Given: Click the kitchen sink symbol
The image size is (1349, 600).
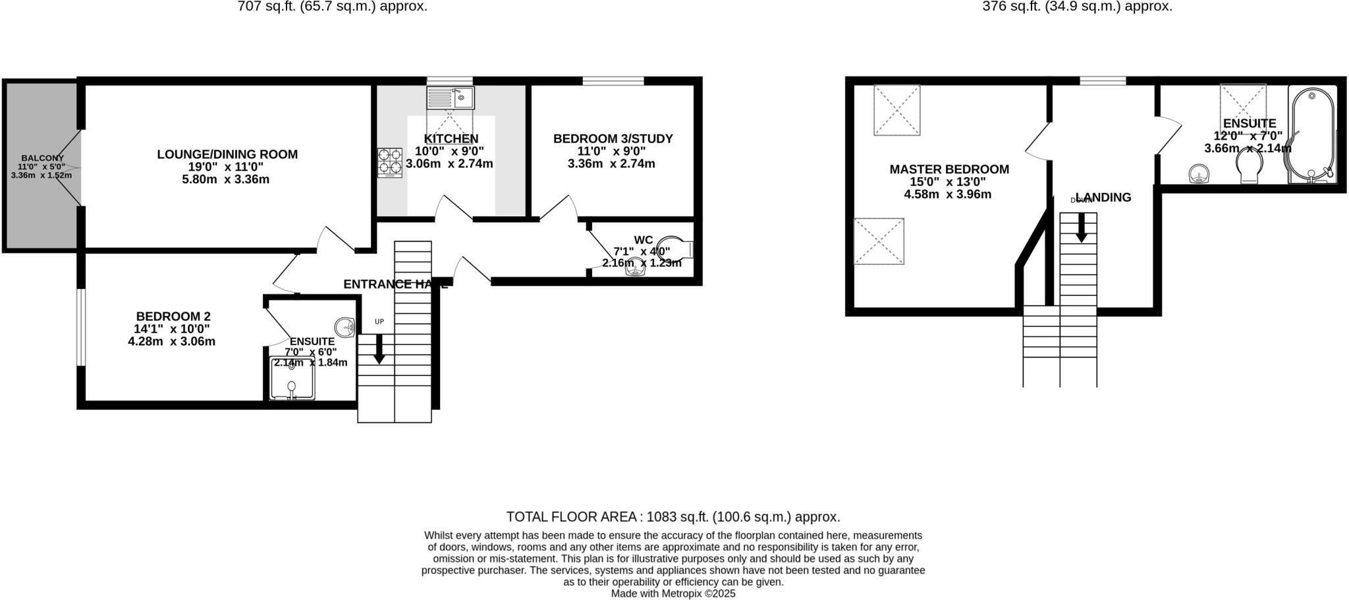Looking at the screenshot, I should (x=451, y=98).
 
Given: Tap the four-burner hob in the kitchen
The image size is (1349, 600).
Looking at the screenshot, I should (x=390, y=163).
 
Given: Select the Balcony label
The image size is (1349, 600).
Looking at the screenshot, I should (x=42, y=158).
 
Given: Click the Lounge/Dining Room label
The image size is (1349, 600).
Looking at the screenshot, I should (x=227, y=154).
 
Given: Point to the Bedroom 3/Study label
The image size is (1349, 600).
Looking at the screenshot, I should (x=613, y=139).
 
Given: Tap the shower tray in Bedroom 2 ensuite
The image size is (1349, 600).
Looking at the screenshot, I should (x=292, y=379).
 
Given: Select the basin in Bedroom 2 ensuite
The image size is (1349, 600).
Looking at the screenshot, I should (x=345, y=326).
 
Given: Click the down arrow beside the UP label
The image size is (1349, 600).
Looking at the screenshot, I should (x=379, y=350).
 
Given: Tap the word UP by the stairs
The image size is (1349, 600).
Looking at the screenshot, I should (x=379, y=321).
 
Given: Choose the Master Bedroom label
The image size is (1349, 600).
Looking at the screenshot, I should (x=949, y=169).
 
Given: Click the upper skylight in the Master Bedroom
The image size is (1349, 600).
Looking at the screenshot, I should (x=896, y=111).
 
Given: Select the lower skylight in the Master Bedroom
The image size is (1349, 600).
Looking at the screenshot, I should (x=879, y=241).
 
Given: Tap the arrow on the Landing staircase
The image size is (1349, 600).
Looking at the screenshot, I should (x=1081, y=229).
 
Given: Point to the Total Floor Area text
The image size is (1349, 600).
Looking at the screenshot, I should (x=673, y=516).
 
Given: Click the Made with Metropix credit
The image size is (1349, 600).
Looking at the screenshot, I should (x=673, y=593).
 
